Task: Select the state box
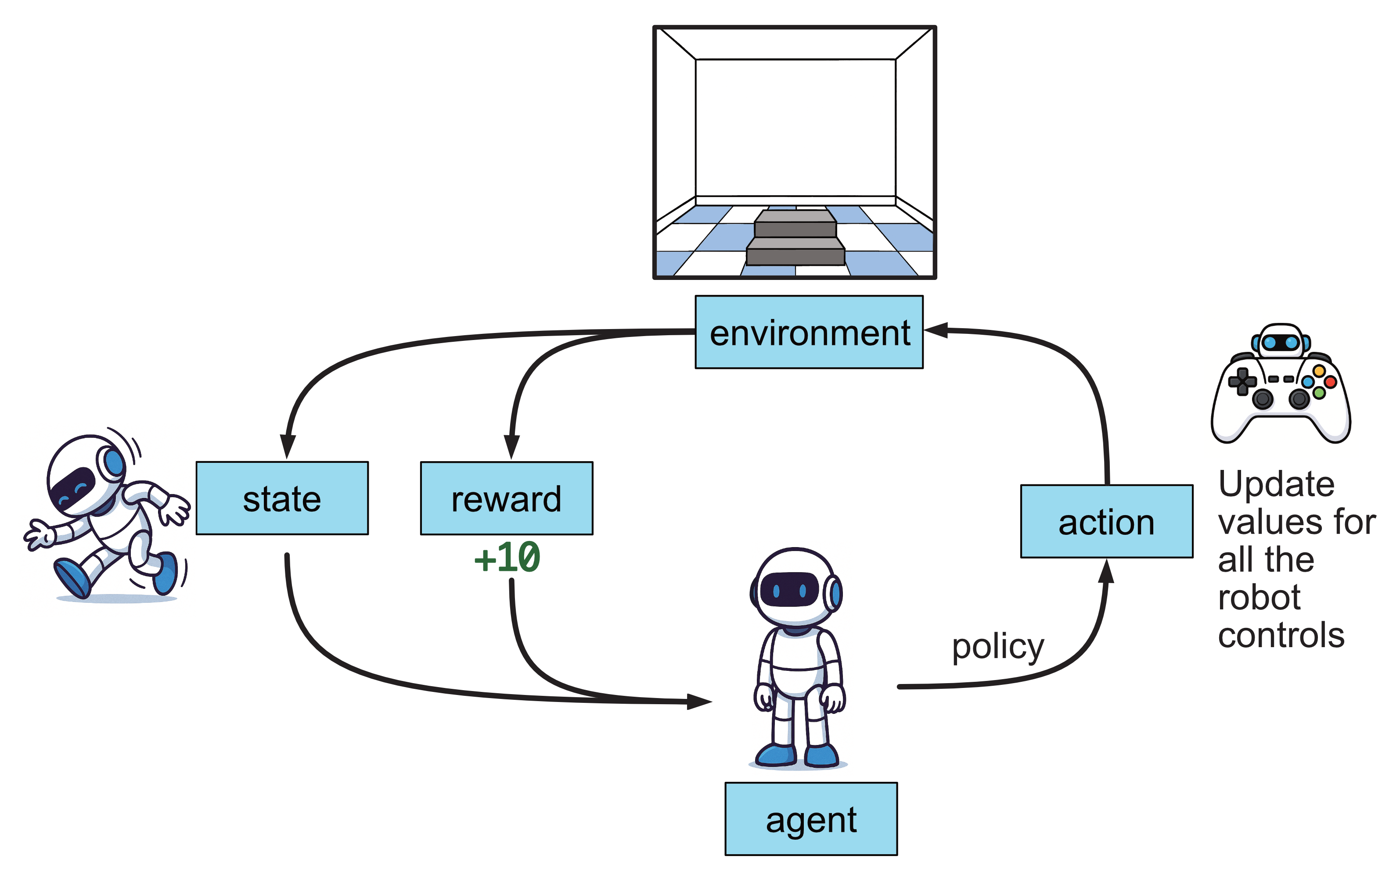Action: [x=282, y=498]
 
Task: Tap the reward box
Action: [x=506, y=498]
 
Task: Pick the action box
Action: [x=1106, y=521]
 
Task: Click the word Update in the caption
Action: [x=1276, y=483]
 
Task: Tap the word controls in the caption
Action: [x=1281, y=635]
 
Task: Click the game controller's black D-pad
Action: [x=1242, y=382]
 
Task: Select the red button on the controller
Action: [x=1330, y=382]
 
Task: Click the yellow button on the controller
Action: [x=1319, y=371]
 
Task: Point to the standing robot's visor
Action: [x=789, y=589]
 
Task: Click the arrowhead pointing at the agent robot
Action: [x=699, y=702]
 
